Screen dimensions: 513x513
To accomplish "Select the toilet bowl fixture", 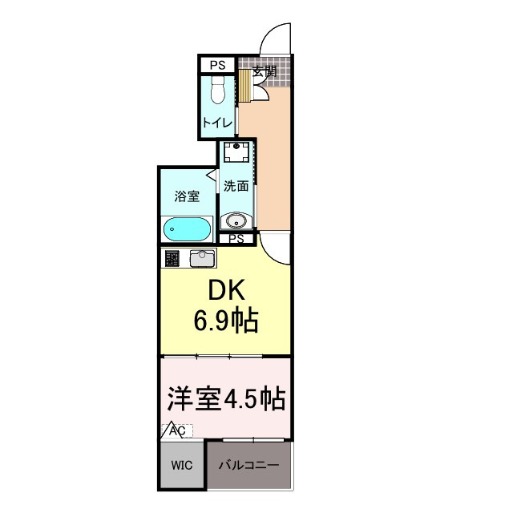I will [217, 93].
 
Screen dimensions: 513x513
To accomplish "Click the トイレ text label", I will [216, 123].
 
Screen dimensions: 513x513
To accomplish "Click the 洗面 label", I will [236, 186].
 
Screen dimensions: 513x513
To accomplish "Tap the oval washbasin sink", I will [236, 220].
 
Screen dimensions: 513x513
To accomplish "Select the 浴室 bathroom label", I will [187, 196].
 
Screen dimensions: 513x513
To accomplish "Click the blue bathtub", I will [187, 230].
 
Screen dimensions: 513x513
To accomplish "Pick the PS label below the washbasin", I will [236, 239].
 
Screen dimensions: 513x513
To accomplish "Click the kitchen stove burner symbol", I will [172, 258].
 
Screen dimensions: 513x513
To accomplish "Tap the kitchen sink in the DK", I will [202, 258].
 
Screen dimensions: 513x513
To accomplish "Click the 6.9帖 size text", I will [224, 322].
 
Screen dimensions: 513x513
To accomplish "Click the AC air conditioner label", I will [176, 431].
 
